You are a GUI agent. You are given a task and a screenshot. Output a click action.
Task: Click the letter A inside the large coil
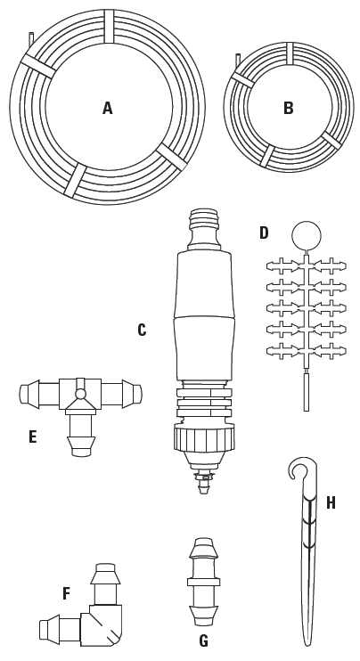pyautogui.click(x=108, y=109)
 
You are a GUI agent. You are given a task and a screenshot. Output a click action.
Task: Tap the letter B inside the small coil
pyautogui.click(x=289, y=109)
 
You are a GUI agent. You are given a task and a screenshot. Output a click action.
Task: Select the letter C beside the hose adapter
pyautogui.click(x=142, y=330)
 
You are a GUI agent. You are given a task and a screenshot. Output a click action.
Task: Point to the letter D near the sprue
pyautogui.click(x=264, y=233)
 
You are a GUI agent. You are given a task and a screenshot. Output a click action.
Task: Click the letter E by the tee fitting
pyautogui.click(x=33, y=437)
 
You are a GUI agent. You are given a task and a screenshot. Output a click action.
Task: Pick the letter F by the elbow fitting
pyautogui.click(x=66, y=594)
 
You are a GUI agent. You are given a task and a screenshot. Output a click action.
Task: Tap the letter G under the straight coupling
pyautogui.click(x=203, y=641)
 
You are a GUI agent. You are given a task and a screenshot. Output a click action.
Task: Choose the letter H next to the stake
pyautogui.click(x=331, y=503)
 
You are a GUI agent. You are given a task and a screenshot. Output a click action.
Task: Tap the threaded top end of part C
pyautogui.click(x=204, y=218)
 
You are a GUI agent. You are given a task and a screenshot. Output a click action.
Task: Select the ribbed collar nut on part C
pyautogui.click(x=204, y=437)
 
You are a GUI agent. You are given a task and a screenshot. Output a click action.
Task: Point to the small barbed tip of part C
pyautogui.click(x=204, y=484)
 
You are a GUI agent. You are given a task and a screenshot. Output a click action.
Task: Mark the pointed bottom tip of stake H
pyautogui.click(x=307, y=644)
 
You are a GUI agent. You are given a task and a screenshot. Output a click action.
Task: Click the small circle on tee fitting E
pyautogui.click(x=80, y=394)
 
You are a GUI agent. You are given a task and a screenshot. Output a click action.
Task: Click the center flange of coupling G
pyautogui.click(x=204, y=582)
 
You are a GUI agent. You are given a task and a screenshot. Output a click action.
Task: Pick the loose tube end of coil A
pyautogui.click(x=31, y=39)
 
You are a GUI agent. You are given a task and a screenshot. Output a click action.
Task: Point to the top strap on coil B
pyautogui.click(x=290, y=53)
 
